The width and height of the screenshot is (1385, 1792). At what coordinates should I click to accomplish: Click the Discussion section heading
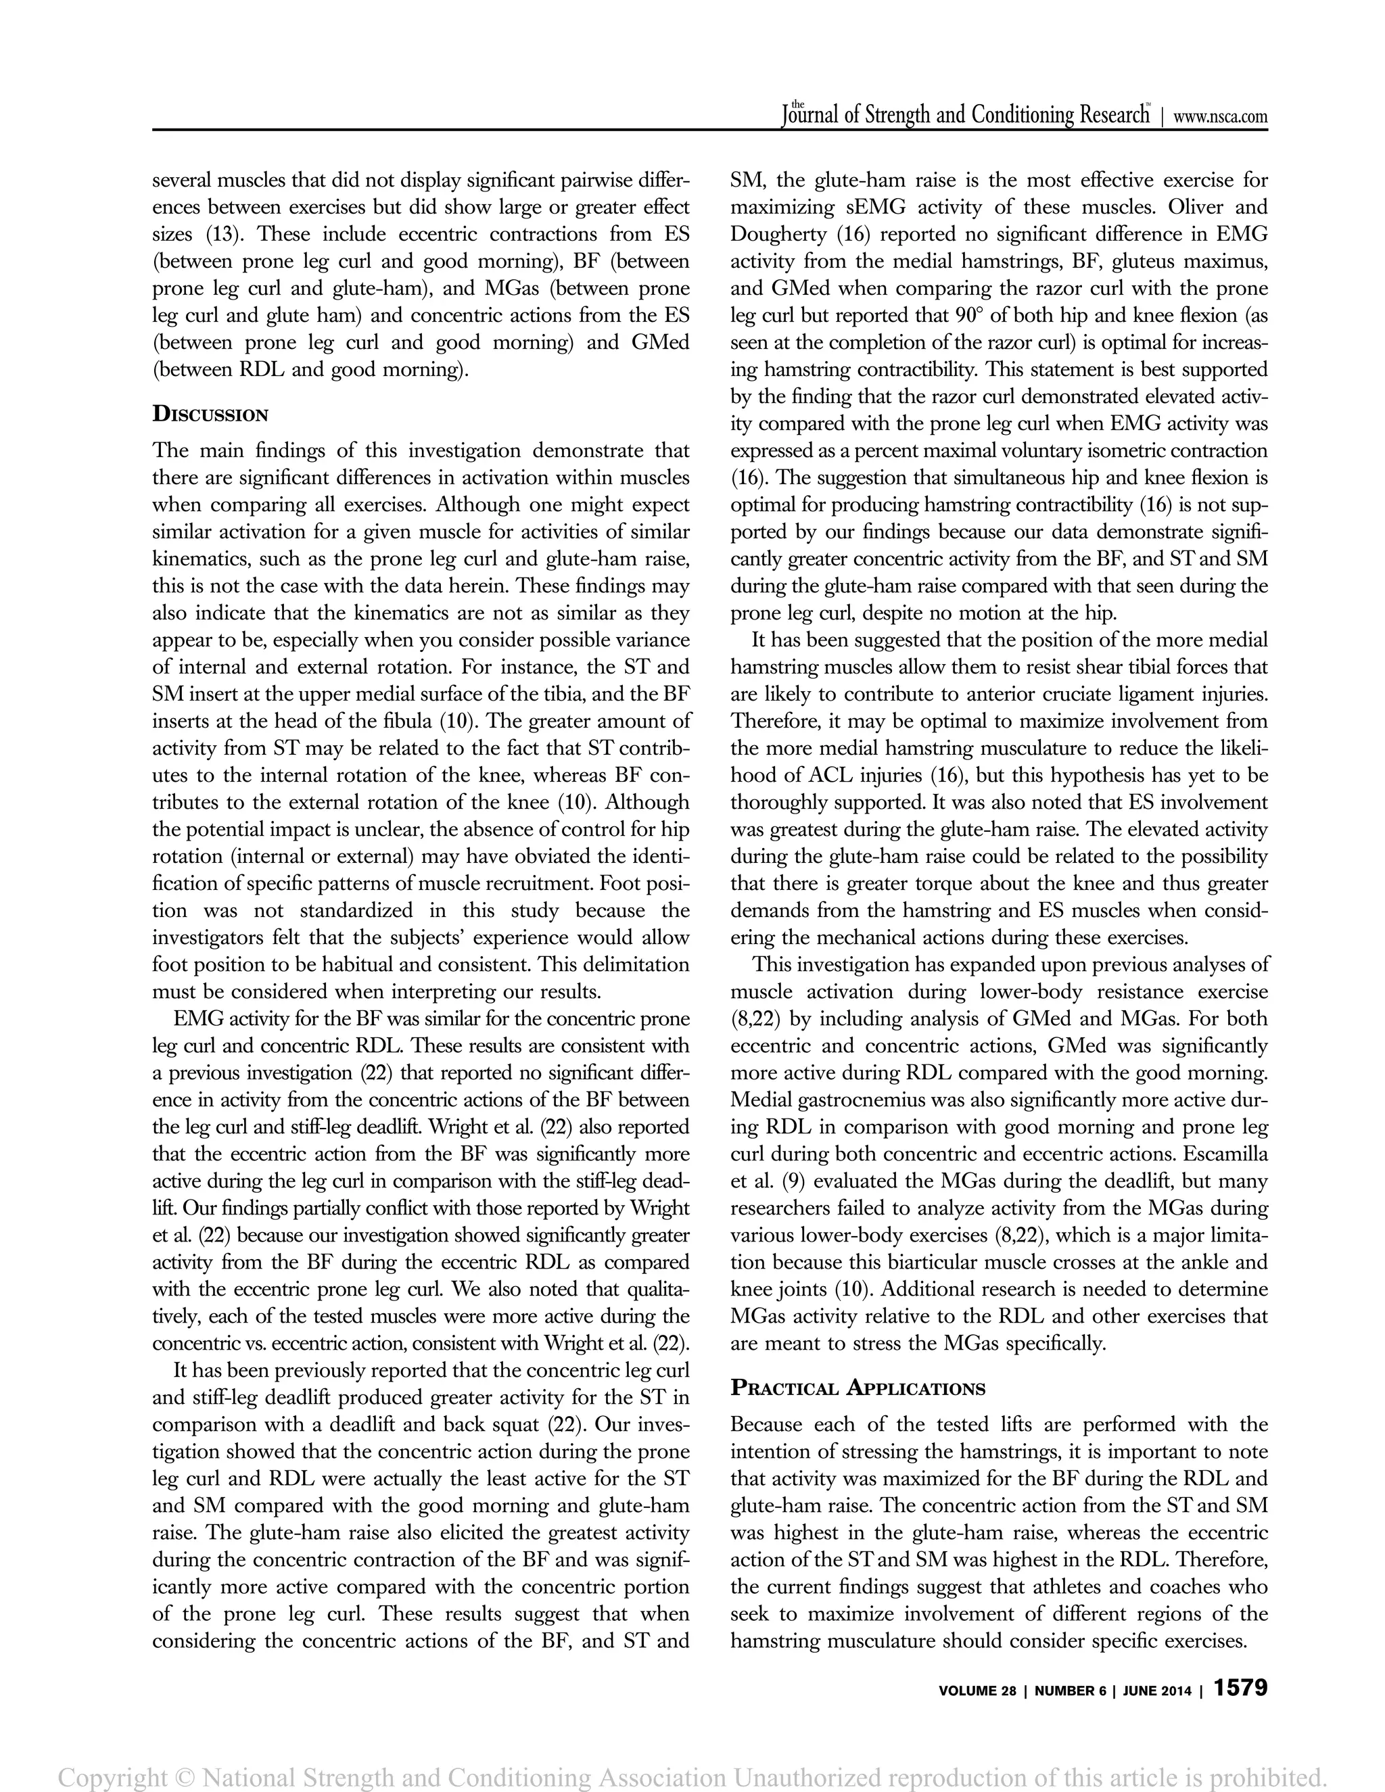[x=210, y=414]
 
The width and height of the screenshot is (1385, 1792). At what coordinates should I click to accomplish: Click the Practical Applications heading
[x=858, y=1388]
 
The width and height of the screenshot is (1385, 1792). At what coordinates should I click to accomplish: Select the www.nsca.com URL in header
[x=1220, y=116]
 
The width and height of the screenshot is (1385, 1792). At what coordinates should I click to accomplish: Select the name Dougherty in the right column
[x=778, y=235]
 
